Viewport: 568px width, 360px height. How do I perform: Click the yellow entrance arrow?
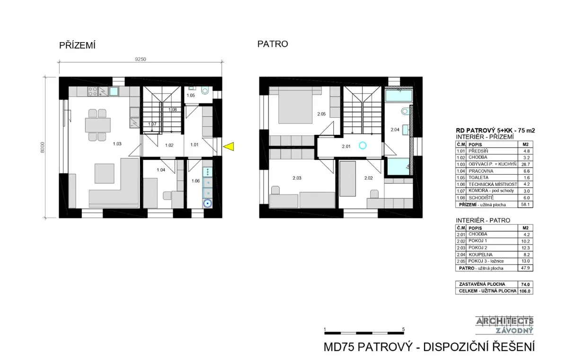pos(229,147)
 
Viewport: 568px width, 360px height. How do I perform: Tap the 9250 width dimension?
pos(141,59)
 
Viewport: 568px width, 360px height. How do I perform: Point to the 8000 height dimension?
pos(42,147)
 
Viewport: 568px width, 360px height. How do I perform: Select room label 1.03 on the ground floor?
pos(117,144)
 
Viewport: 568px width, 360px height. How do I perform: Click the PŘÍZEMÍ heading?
pos(77,45)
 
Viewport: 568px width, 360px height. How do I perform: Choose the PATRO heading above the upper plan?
pos(273,44)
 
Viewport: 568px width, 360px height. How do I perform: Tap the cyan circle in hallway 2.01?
pos(363,145)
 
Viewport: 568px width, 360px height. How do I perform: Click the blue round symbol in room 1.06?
pos(208,203)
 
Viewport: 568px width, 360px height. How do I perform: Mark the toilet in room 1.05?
pos(205,90)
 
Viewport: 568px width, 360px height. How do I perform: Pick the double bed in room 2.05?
pos(295,105)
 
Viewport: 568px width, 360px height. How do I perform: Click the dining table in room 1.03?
pos(98,125)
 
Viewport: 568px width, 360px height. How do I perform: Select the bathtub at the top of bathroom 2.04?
pos(399,96)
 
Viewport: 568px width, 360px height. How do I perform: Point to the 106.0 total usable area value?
pos(524,291)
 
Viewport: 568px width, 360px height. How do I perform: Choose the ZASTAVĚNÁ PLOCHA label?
pos(482,284)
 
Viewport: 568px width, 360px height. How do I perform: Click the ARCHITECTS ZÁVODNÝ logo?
pos(505,325)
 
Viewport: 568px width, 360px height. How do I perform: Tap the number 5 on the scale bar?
pos(403,329)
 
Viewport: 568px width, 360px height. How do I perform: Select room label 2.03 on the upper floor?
pos(297,178)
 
